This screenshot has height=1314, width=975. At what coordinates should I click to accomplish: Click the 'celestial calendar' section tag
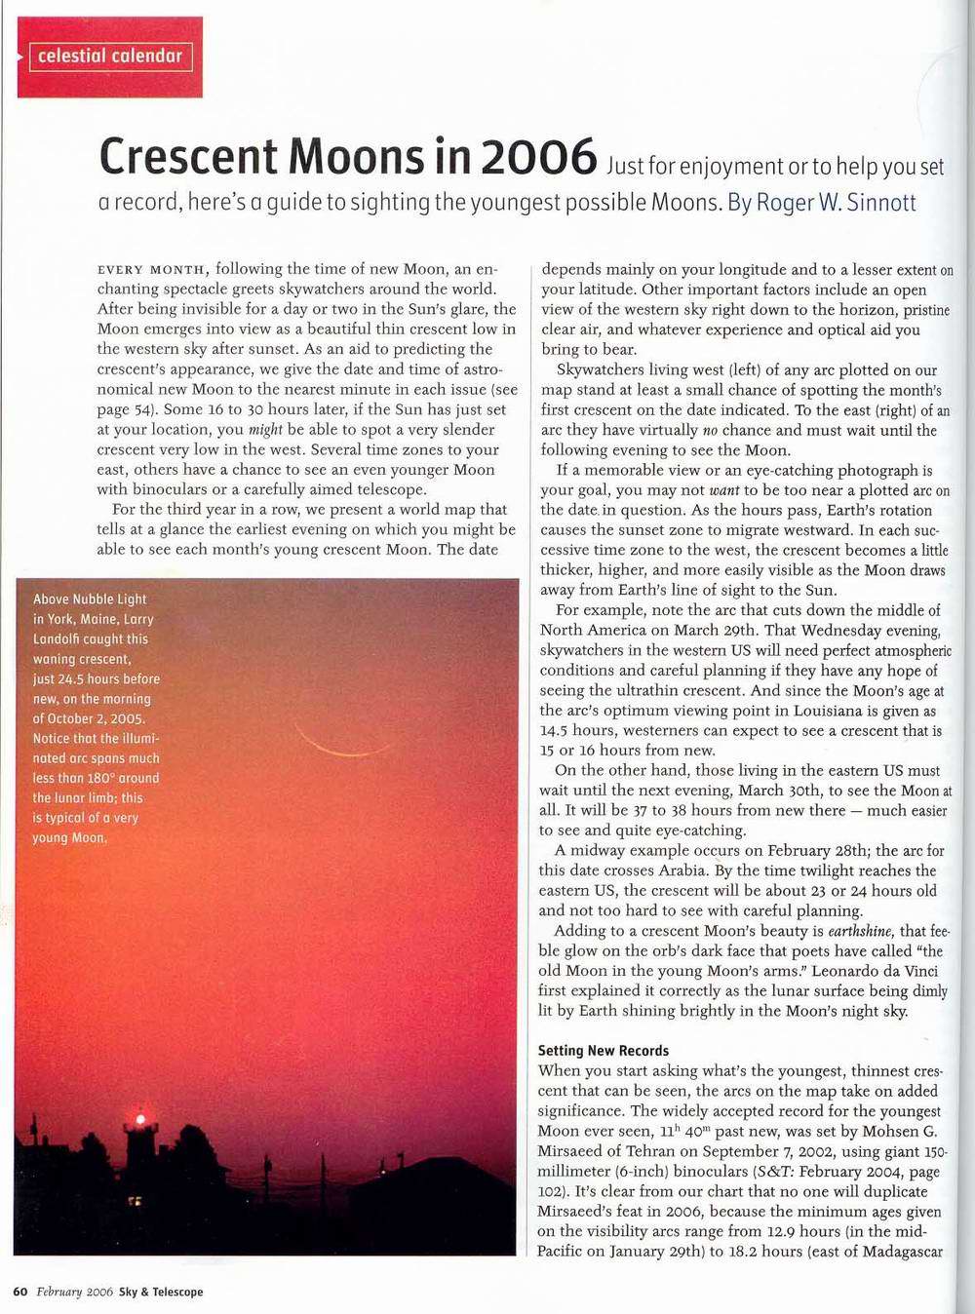110,57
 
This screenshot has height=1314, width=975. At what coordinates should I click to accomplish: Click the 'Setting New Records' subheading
604,1051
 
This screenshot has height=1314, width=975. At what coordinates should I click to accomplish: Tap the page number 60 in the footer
19,1292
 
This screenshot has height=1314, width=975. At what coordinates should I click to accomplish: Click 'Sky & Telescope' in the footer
161,1292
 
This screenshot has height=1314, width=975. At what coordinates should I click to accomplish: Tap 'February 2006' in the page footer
75,1292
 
